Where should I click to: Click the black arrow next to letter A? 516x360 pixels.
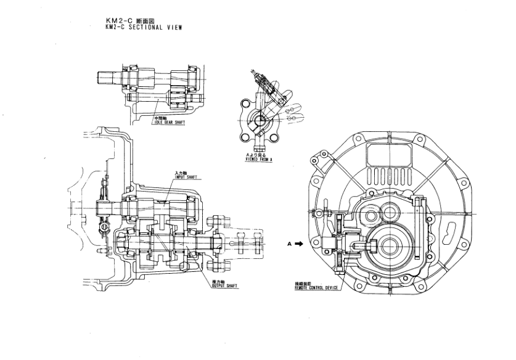coord(300,243)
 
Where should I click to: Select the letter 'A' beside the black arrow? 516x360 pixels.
coord(289,243)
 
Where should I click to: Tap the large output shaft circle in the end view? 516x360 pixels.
coord(389,245)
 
